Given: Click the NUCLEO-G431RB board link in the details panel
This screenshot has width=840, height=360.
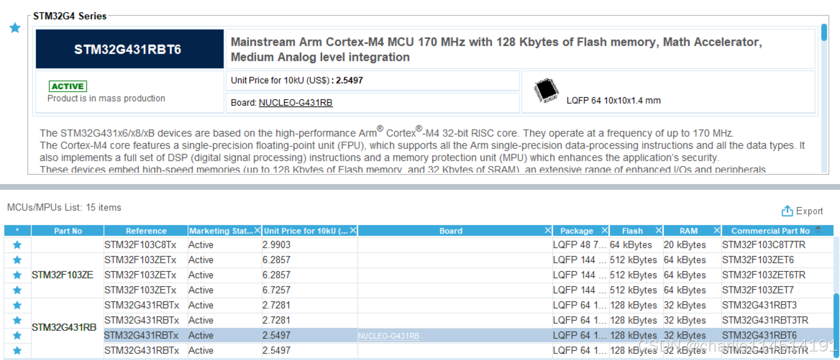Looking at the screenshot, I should (x=295, y=103).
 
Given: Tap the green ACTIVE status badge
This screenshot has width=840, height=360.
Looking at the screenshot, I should (x=68, y=86).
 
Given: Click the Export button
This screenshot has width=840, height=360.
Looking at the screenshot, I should (x=802, y=211).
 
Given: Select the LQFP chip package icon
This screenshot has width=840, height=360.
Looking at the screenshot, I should (x=546, y=90).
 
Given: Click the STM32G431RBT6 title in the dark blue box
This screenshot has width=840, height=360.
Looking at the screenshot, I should (x=128, y=49).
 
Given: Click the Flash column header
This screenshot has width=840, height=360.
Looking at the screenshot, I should (x=632, y=231).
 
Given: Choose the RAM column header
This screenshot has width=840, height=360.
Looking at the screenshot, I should (x=688, y=231).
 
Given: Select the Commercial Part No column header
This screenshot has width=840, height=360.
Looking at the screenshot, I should (x=770, y=231).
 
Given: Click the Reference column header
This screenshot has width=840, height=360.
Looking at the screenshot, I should (x=146, y=231).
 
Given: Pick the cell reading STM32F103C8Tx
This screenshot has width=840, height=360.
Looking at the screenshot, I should (x=140, y=245).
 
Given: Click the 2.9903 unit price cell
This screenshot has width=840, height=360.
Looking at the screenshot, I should (x=276, y=245).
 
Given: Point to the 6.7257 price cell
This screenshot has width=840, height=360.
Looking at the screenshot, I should (x=276, y=290).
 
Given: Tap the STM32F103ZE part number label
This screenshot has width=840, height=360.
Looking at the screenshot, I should (x=62, y=275).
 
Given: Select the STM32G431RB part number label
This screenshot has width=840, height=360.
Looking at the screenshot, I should (x=64, y=327).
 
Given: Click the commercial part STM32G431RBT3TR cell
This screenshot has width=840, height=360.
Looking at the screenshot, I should (x=765, y=320).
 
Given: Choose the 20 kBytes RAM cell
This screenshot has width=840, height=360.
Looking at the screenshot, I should (x=685, y=245).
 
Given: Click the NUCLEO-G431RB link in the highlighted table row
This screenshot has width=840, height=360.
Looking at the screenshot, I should (x=388, y=336).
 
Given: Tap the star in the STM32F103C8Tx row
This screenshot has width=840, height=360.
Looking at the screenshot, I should (x=17, y=245).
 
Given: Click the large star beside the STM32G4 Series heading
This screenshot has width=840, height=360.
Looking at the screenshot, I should (x=15, y=28).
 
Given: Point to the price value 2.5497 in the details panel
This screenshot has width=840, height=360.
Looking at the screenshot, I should (x=349, y=81).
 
